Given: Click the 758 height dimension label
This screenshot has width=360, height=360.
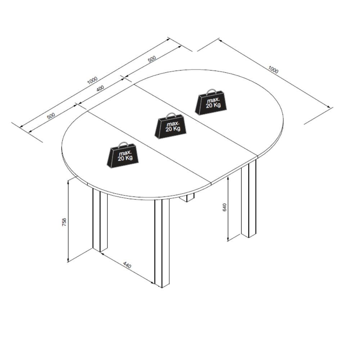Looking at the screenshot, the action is click(64, 222).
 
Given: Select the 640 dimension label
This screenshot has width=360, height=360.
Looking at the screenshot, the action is click(225, 207).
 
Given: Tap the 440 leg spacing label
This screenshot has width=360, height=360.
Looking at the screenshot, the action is click(127, 265).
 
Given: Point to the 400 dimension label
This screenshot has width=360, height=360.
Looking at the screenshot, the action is click(100, 89).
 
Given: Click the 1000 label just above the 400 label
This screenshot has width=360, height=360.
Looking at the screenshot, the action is click(92, 80).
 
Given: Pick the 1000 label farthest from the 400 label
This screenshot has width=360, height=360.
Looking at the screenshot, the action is click(273, 69).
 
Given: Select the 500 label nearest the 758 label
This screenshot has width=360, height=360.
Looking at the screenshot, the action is click(51, 116).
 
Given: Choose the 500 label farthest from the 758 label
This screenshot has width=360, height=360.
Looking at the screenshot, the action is click(152, 59).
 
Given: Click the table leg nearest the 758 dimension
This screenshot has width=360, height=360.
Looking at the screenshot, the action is click(100, 220).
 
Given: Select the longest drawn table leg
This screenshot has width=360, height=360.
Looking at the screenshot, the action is click(162, 243).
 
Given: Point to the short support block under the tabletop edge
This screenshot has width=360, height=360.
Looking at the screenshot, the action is click(186, 198).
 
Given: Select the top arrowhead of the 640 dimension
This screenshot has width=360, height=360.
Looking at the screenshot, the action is click(228, 179).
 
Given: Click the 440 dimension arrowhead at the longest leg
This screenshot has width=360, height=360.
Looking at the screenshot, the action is click(152, 282).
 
